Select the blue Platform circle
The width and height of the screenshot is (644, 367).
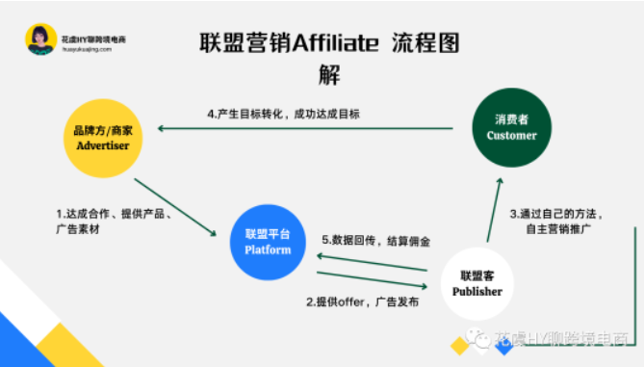[x=268, y=241]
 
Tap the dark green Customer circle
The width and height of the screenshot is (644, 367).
[x=511, y=127]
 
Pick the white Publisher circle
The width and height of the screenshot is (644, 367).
[x=478, y=283]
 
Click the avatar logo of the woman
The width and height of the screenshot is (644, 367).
[x=40, y=39]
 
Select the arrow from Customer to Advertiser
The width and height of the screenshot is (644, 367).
[x=308, y=128]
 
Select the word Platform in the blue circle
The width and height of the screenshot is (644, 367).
[x=268, y=249]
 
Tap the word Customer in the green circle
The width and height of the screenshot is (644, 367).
[x=511, y=135]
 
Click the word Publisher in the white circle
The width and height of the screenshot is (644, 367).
[x=478, y=291]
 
